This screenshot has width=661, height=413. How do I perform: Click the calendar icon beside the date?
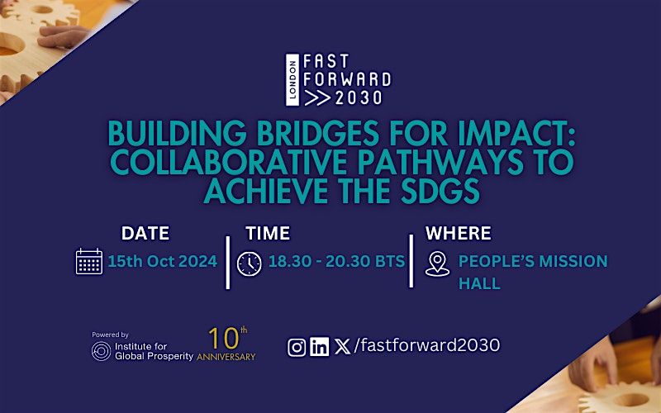(89, 261)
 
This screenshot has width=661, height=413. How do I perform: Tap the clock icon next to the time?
(250, 263)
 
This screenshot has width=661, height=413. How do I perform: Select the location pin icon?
(437, 263)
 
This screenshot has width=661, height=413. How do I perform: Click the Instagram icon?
(297, 347)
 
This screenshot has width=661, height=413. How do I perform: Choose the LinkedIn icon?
(320, 346)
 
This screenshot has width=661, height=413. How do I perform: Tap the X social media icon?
(342, 347)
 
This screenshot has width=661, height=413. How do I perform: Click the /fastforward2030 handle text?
(426, 345)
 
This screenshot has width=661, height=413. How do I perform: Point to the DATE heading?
(145, 233)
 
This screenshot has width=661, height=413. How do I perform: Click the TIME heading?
(268, 233)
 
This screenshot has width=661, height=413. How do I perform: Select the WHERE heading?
(459, 233)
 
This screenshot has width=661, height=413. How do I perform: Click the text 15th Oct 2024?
(163, 261)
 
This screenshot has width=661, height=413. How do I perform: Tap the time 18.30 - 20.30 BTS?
(337, 261)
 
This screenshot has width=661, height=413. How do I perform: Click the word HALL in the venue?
(479, 283)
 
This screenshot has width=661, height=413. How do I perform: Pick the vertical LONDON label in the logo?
(292, 79)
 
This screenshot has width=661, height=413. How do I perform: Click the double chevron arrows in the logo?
(317, 97)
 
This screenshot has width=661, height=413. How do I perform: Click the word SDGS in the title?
(440, 191)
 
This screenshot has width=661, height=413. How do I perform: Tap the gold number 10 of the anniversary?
(224, 339)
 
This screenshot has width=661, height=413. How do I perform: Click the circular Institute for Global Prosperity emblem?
(101, 351)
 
